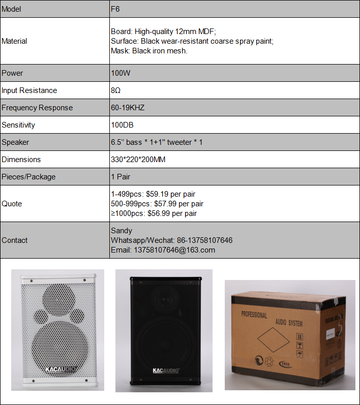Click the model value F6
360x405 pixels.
point(115,9)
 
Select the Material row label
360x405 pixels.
point(14,41)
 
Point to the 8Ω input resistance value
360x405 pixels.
point(116,90)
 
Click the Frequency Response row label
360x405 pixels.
point(37,108)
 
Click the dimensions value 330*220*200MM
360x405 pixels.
point(138,160)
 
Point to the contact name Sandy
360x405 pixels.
point(122,231)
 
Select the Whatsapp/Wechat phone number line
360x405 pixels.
point(171,240)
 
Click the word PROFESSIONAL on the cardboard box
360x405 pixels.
point(254,316)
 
